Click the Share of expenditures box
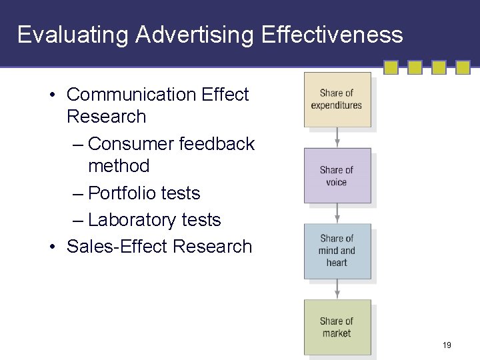337,99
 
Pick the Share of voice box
337,175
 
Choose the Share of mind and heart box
337,251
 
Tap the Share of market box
337,327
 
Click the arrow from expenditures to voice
337,137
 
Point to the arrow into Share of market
337,289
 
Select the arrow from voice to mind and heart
337,213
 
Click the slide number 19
447,345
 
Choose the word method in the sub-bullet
119,165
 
